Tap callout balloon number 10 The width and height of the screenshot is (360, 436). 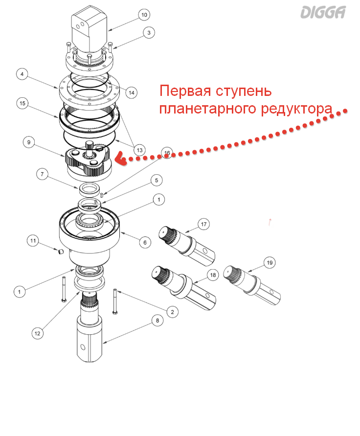(x=143, y=15)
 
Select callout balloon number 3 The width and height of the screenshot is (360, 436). (x=149, y=33)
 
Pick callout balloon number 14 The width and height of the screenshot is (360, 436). (x=131, y=92)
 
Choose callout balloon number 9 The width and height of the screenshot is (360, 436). (x=29, y=142)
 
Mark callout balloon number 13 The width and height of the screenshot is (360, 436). (x=140, y=150)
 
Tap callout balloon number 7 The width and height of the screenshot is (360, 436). (x=43, y=174)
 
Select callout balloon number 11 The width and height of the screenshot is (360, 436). (x=33, y=241)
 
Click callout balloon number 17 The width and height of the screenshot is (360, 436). (x=204, y=225)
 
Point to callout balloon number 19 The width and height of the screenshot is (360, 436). (x=269, y=262)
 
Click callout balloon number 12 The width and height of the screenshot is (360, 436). (x=38, y=333)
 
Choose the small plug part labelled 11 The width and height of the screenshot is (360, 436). (x=61, y=252)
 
